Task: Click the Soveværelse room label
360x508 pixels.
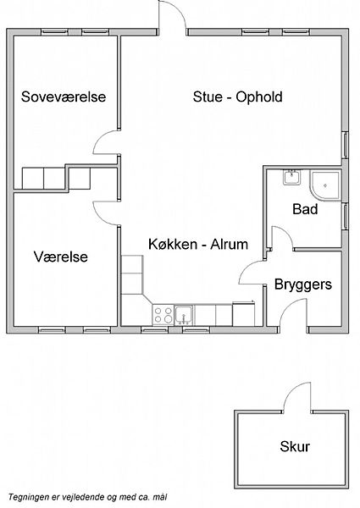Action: tap(64, 97)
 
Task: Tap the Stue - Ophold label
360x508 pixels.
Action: tap(237, 97)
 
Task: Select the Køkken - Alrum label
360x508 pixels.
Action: tap(198, 244)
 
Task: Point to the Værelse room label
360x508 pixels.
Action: tap(61, 257)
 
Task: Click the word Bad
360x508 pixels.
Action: tap(305, 209)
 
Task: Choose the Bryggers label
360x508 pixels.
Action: tap(303, 284)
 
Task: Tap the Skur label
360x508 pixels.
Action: tap(295, 446)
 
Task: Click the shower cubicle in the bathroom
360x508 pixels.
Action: tap(325, 185)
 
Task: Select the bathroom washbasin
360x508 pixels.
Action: tap(292, 178)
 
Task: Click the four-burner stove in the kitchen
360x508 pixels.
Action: tap(163, 315)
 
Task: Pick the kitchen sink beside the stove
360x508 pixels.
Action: tap(184, 315)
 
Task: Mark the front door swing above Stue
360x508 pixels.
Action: tap(172, 15)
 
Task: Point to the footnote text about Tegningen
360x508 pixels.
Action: tap(87, 497)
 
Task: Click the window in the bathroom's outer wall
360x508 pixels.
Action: tap(346, 217)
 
